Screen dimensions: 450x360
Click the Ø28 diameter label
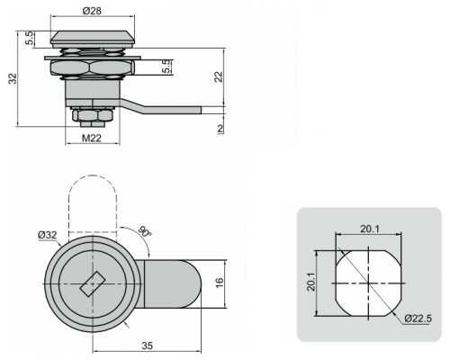[x=92, y=11]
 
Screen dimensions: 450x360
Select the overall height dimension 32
[x=13, y=78]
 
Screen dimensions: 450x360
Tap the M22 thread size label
[x=92, y=139]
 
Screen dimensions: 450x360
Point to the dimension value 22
[x=220, y=76]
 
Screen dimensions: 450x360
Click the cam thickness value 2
[x=220, y=129]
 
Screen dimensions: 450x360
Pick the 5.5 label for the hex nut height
[x=167, y=67]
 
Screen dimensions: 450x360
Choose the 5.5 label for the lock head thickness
[x=30, y=38]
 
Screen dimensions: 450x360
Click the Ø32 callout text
[x=48, y=235]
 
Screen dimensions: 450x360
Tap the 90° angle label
[x=145, y=231]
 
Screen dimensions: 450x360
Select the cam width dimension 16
[x=220, y=283]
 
